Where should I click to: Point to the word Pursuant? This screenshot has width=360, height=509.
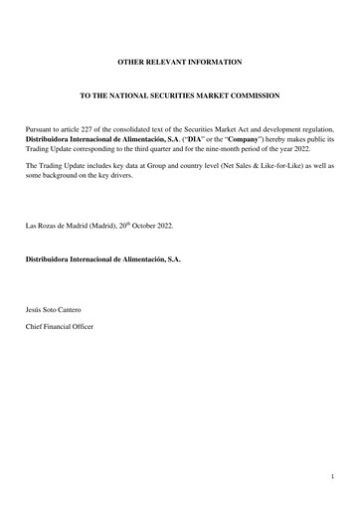pos(41,130)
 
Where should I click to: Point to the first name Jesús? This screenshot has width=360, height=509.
pos(35,311)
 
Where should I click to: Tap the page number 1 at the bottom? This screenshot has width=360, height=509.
pos(332,478)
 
